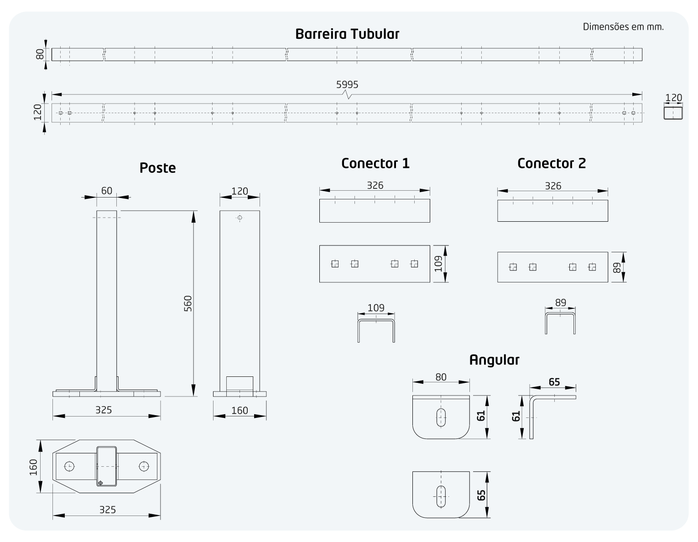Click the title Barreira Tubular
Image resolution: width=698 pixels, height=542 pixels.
(347, 34)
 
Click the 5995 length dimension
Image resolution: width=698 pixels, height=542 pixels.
(347, 84)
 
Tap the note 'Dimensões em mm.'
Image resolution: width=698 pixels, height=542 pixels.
(623, 26)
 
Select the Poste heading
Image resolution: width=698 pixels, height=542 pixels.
(157, 168)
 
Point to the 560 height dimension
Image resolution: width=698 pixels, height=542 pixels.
(188, 303)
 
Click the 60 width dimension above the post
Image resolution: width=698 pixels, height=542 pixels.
(107, 191)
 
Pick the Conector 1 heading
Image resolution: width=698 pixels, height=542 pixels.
(375, 163)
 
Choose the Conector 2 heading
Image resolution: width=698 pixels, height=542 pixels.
(552, 163)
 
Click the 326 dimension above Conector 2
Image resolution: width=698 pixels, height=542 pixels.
(553, 186)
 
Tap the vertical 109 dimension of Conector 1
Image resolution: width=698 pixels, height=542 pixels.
(438, 264)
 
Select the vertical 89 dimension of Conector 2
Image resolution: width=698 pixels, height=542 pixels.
(617, 267)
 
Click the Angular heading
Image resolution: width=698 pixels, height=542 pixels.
(494, 360)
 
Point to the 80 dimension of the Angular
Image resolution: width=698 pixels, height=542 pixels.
(441, 377)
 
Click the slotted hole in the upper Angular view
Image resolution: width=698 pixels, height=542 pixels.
(441, 417)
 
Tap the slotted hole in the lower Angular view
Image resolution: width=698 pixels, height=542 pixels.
(441, 496)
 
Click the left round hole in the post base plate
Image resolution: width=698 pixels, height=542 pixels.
(69, 466)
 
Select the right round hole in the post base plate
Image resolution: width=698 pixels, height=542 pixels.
(144, 466)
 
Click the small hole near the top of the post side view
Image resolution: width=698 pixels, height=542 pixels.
(240, 218)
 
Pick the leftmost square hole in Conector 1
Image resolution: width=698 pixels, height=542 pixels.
(335, 264)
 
